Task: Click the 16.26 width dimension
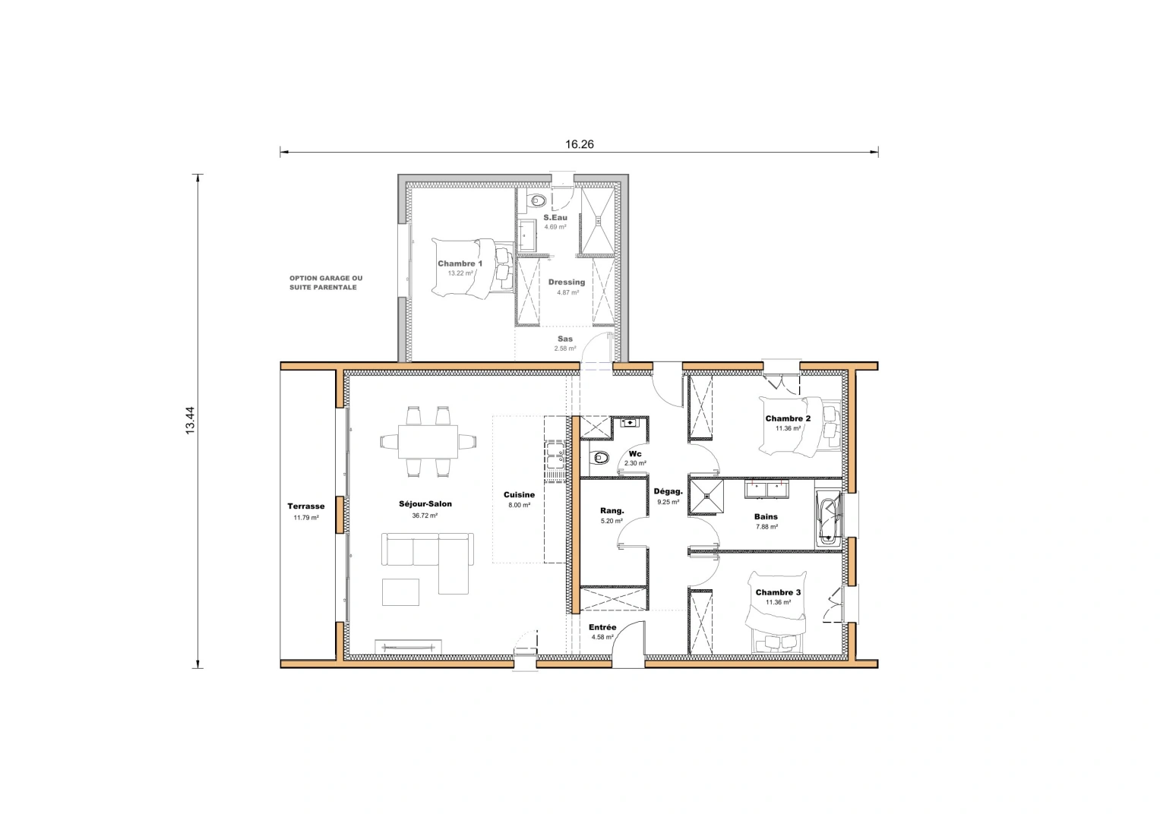pos(579,144)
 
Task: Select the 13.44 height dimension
pos(190,421)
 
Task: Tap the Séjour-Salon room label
pos(425,503)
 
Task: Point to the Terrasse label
pos(305,506)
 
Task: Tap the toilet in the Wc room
pos(600,458)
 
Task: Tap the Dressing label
pos(567,282)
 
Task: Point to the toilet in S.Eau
pos(539,200)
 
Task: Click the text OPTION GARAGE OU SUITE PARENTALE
pos(325,282)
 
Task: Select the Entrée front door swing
pos(627,647)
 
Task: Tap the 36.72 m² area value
pos(425,516)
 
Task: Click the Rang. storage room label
pos(612,511)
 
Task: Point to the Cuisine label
pos(519,495)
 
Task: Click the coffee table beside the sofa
pos(400,592)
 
